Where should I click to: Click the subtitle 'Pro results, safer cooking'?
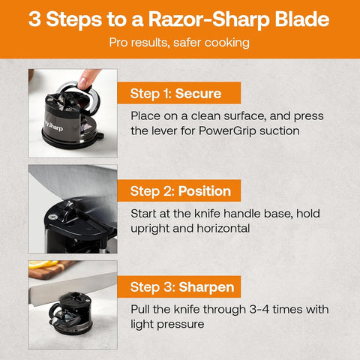[179, 43]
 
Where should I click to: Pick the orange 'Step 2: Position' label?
[180, 190]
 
